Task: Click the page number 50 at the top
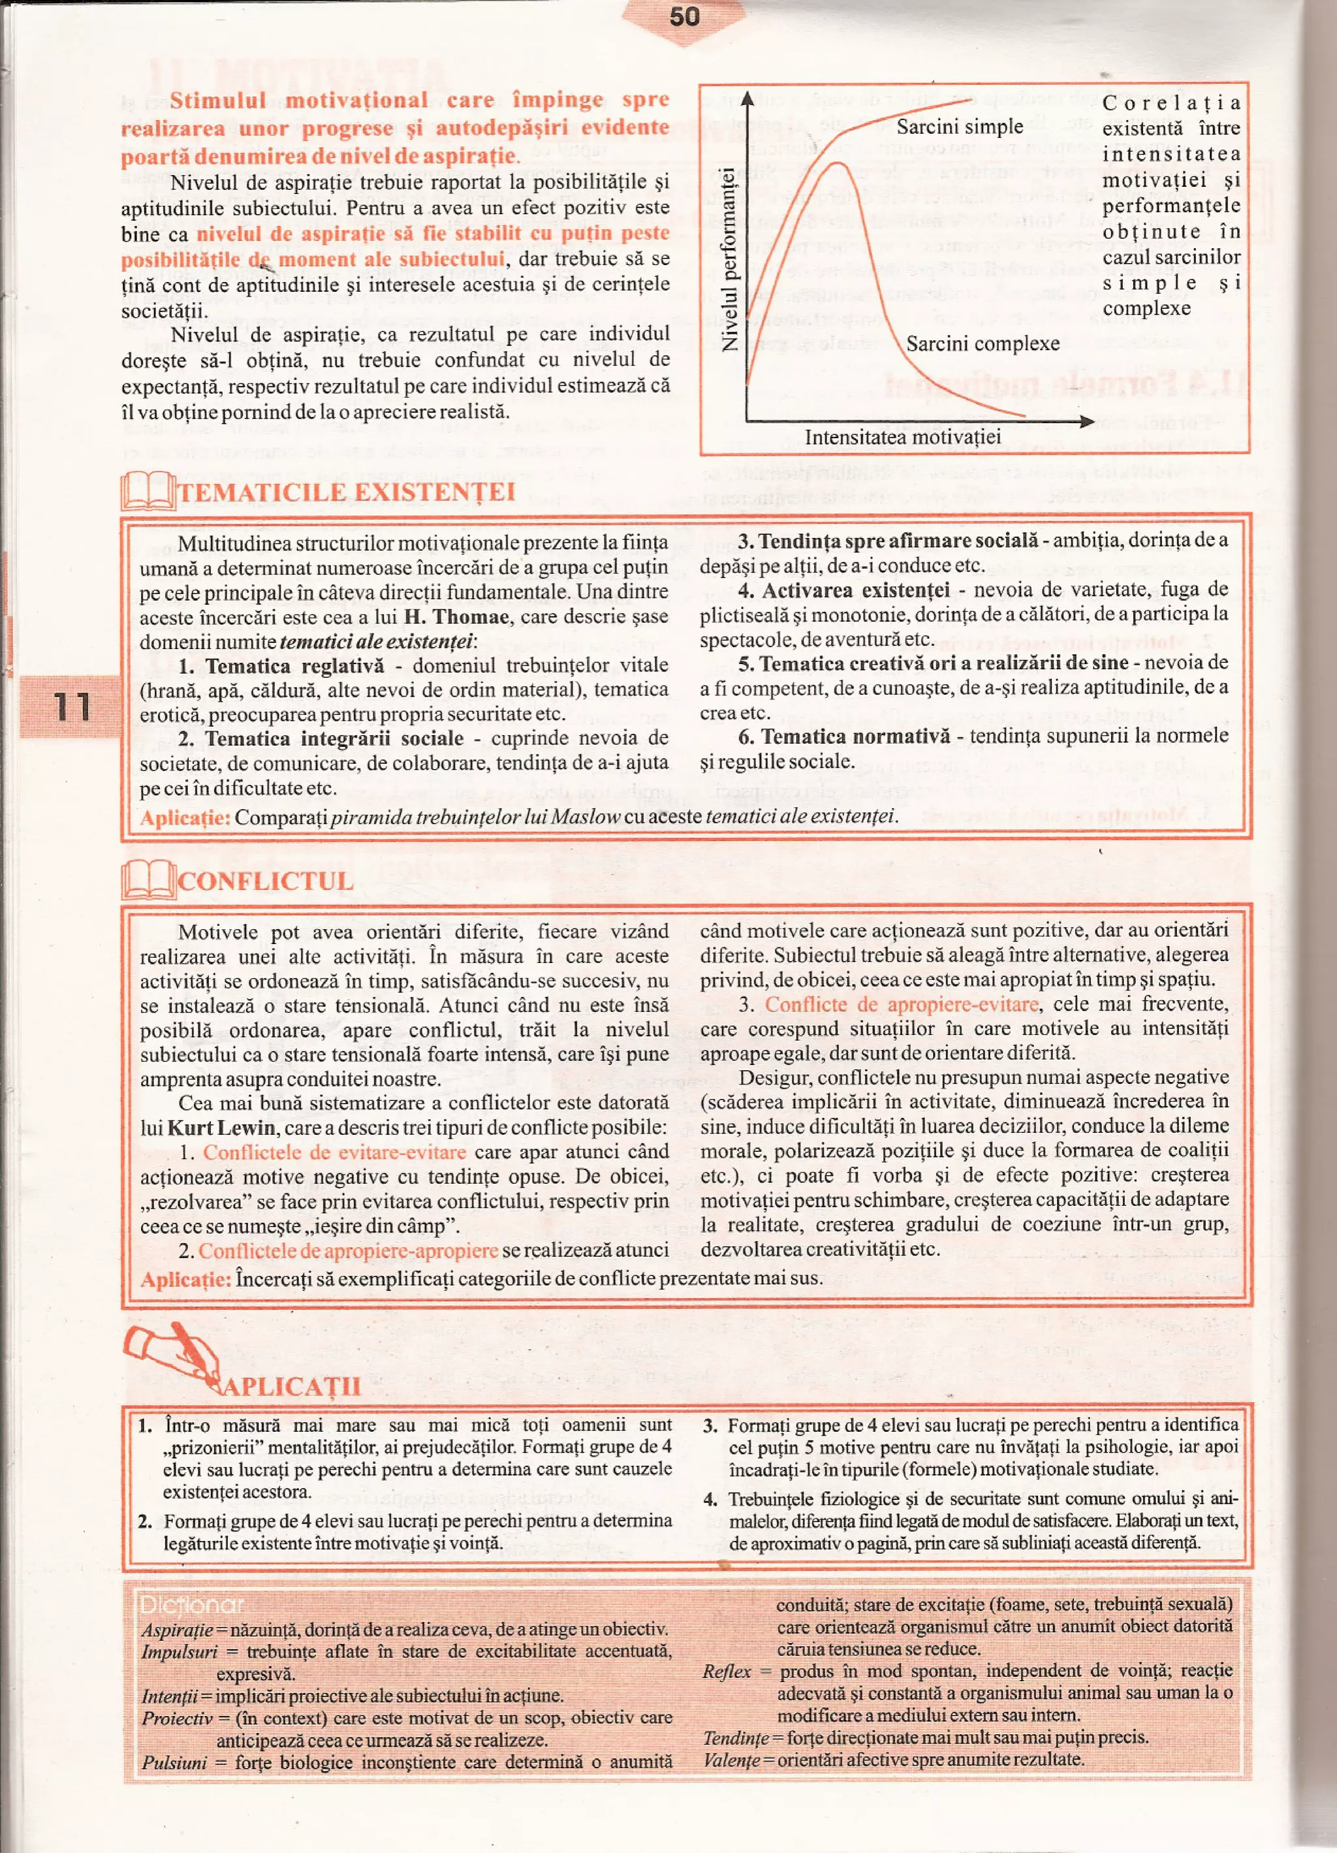pos(684,16)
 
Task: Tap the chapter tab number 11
pos(72,706)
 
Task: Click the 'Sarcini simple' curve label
pos(959,127)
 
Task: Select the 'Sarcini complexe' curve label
pos(983,343)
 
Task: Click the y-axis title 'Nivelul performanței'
pos(729,259)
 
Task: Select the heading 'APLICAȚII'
pos(291,1386)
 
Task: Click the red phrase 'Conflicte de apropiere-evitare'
pos(902,1004)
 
